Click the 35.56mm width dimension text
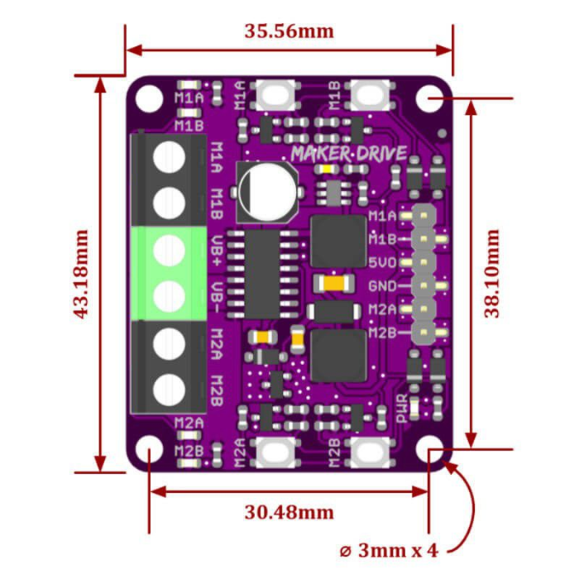289,31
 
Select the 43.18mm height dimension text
81,274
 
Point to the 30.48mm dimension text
289,512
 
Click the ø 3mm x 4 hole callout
388,550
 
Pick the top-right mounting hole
428,99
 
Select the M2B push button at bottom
371,452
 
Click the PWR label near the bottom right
403,408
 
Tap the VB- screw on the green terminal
169,294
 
